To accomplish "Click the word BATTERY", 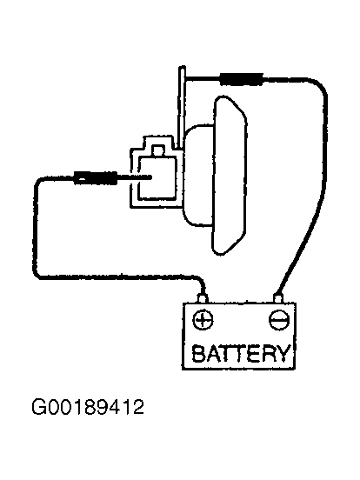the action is [240, 353].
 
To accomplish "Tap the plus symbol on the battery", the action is [203, 320].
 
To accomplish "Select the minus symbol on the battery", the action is [279, 320].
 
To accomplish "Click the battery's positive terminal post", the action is [203, 298].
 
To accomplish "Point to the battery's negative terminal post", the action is [278, 298].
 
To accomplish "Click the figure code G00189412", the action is [88, 407].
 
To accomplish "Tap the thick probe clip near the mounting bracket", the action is [241, 79].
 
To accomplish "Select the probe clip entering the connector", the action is [95, 177].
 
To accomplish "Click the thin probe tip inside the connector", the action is [135, 177].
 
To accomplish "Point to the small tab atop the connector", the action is [158, 151].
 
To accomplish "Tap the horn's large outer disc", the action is [230, 175].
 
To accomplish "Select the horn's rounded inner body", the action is [198, 176].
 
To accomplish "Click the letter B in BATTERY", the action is [198, 353].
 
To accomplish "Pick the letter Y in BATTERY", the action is [283, 353].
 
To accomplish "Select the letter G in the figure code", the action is [38, 407].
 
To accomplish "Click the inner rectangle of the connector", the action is [157, 177].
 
